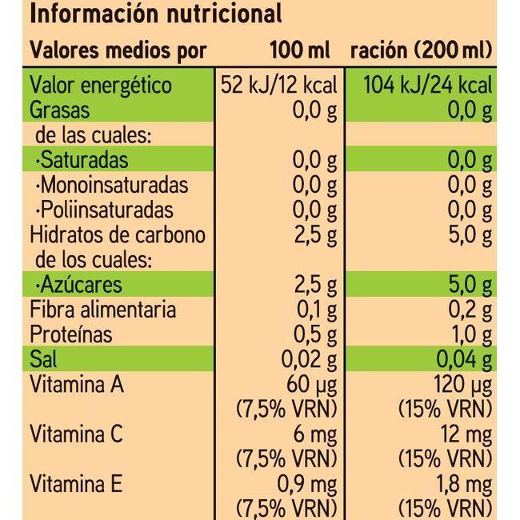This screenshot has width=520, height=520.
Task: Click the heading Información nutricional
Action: tap(156, 14)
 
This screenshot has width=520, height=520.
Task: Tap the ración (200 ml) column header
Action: tap(421, 51)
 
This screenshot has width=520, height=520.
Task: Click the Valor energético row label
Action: tap(101, 86)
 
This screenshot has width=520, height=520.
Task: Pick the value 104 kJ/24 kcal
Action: tap(427, 86)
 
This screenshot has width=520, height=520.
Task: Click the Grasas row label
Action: tap(60, 110)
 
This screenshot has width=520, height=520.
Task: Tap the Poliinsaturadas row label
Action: tap(104, 210)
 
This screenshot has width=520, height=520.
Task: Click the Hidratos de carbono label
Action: tap(118, 236)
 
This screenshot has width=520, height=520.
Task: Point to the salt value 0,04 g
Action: tap(463, 360)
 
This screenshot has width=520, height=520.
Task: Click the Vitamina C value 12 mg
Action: tap(464, 434)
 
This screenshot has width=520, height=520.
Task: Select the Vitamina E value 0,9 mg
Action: tap(308, 484)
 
